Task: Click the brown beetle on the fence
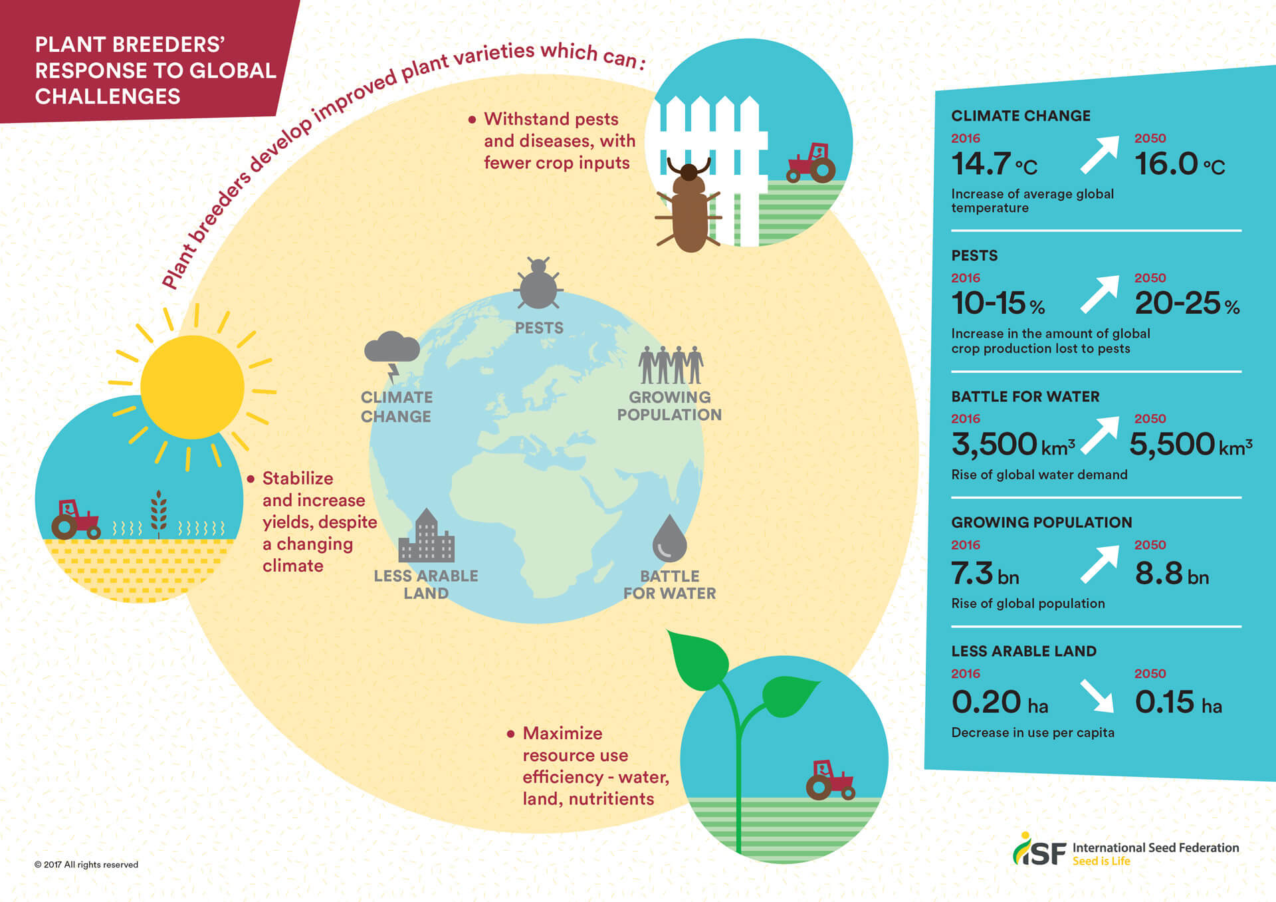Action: (x=689, y=206)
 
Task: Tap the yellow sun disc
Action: (x=192, y=387)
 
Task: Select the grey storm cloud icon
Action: (x=392, y=356)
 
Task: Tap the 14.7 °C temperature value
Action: (x=994, y=164)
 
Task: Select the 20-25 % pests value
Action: (x=1187, y=304)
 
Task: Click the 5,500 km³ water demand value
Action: (x=1191, y=444)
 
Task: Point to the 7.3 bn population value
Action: (x=985, y=573)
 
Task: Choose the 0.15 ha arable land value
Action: (x=1178, y=702)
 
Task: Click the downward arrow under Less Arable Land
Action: (x=1097, y=695)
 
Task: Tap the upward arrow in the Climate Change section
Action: (x=1100, y=155)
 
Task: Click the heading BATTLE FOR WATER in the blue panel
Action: (x=1025, y=397)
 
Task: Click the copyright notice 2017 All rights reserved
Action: (x=86, y=865)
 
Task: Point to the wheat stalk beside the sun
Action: (x=158, y=514)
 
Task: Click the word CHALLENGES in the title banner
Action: (x=108, y=96)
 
